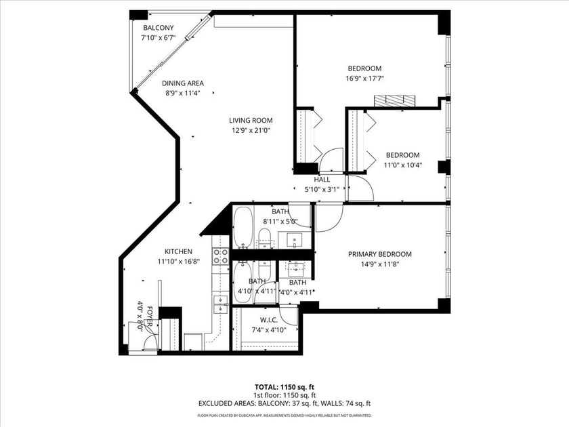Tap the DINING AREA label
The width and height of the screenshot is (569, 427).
[182, 83]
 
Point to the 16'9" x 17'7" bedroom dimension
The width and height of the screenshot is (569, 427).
[364, 78]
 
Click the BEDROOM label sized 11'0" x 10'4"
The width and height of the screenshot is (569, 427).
[402, 155]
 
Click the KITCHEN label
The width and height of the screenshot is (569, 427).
[169, 251]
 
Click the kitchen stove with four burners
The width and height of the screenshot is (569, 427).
[221, 256]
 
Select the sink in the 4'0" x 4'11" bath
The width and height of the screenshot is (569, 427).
[295, 267]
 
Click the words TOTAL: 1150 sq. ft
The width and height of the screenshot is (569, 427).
[284, 386]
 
